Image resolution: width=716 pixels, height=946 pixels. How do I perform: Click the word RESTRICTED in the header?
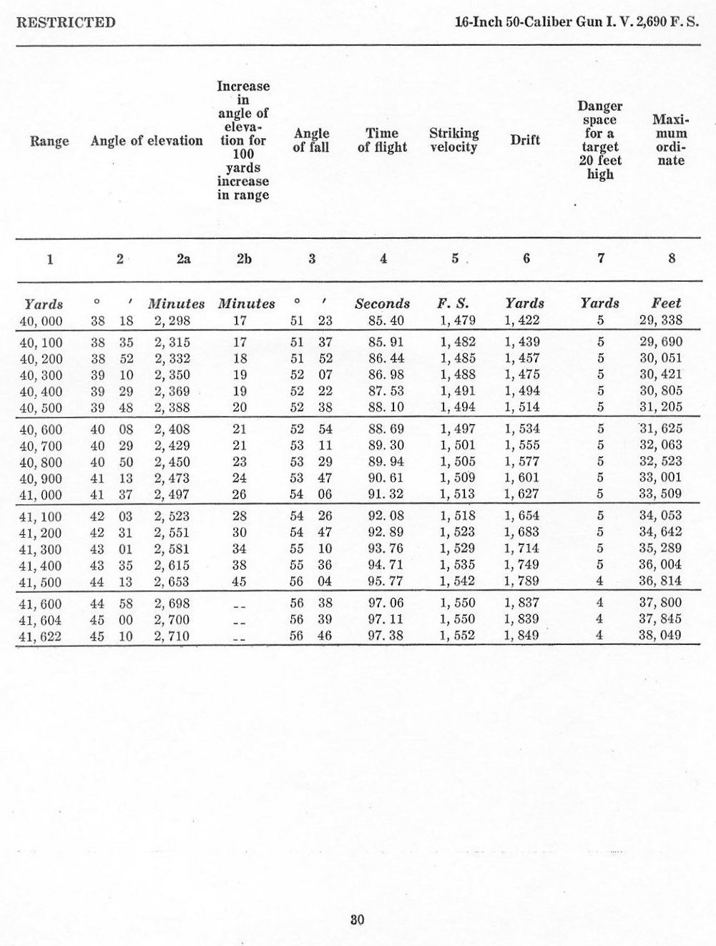click(65, 22)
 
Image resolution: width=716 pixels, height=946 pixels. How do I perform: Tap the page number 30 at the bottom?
click(358, 920)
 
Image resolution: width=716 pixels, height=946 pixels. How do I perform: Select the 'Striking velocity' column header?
click(453, 140)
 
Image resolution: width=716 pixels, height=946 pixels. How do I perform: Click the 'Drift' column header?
click(525, 140)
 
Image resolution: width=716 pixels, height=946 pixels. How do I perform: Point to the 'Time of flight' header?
click(382, 140)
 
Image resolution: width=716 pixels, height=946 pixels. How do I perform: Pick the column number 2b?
click(243, 259)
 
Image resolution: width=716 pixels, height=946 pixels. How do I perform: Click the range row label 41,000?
click(41, 495)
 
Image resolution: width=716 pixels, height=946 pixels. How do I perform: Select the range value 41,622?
click(41, 636)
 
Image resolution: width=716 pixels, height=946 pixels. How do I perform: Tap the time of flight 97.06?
click(382, 603)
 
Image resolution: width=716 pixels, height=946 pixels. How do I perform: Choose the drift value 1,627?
click(522, 495)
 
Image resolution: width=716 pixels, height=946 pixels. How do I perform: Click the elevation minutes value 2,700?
click(172, 619)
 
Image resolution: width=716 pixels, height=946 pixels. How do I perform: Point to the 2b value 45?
click(240, 581)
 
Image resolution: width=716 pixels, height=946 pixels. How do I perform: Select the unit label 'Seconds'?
click(382, 304)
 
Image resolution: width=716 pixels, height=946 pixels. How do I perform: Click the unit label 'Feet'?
click(667, 304)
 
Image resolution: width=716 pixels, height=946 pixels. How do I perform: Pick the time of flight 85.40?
click(382, 321)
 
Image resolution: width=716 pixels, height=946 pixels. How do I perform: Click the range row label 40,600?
click(41, 430)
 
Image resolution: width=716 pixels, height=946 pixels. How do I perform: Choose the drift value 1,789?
click(522, 581)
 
